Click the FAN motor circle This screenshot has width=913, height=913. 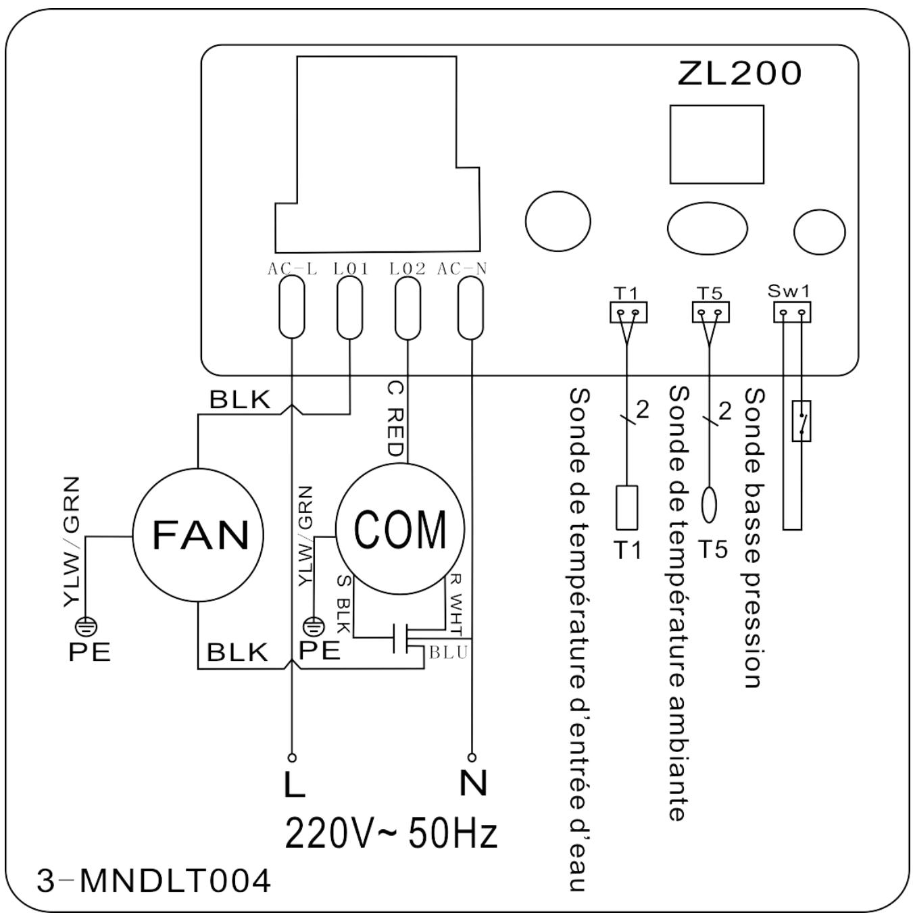tap(197, 535)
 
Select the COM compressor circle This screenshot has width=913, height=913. tap(400, 528)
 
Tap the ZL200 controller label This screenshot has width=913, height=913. tap(739, 74)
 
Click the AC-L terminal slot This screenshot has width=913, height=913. tap(292, 307)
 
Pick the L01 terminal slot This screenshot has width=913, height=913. tap(349, 307)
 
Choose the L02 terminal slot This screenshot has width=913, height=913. tap(408, 308)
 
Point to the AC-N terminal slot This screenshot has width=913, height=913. tap(471, 308)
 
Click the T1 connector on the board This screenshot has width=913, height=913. tap(628, 312)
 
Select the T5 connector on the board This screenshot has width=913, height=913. tap(710, 312)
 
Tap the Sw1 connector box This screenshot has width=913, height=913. tap(792, 312)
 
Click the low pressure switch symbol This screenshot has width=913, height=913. tap(801, 421)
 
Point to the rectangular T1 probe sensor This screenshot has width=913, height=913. tap(626, 508)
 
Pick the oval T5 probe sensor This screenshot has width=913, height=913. tap(709, 505)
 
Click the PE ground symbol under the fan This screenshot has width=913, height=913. tap(87, 627)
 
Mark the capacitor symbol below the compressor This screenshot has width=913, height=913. tap(401, 638)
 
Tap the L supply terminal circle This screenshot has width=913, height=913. tap(293, 758)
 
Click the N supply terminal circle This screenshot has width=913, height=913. tap(472, 757)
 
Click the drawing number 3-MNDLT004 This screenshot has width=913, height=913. tap(153, 881)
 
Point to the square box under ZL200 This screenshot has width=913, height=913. tap(717, 144)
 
